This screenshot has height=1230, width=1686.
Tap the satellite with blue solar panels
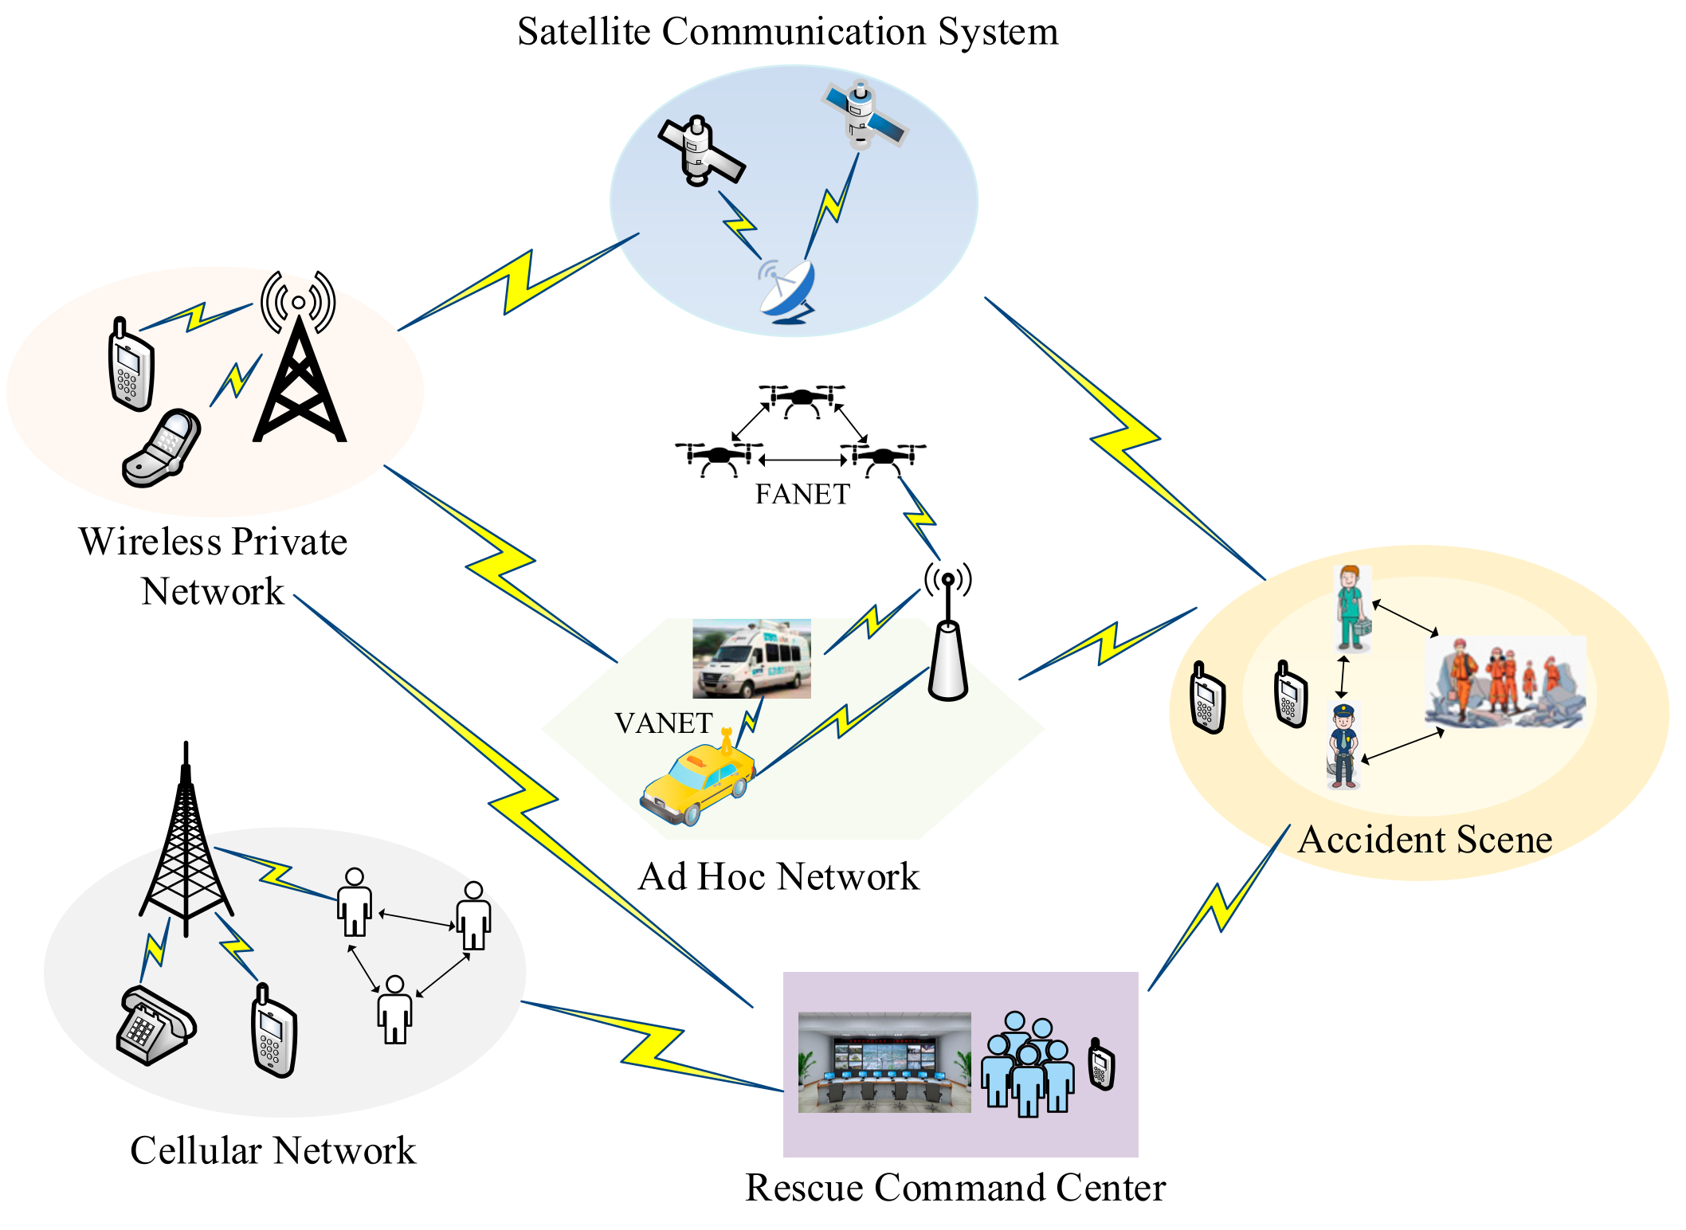864,116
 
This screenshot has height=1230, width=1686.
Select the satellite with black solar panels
699,151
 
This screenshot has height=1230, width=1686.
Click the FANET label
802,495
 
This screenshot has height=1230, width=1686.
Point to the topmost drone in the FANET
802,398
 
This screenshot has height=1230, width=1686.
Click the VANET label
663,723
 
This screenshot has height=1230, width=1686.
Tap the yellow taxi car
698,785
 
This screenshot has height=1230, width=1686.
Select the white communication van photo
751,659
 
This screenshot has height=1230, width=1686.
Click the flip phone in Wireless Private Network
163,449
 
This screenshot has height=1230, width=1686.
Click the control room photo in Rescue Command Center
884,1062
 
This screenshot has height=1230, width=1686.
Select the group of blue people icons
1027,1064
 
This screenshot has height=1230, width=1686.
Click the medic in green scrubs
1351,609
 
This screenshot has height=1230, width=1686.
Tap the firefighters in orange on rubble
1504,683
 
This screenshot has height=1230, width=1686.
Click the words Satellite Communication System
787,32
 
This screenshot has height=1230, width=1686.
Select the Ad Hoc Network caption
778,876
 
